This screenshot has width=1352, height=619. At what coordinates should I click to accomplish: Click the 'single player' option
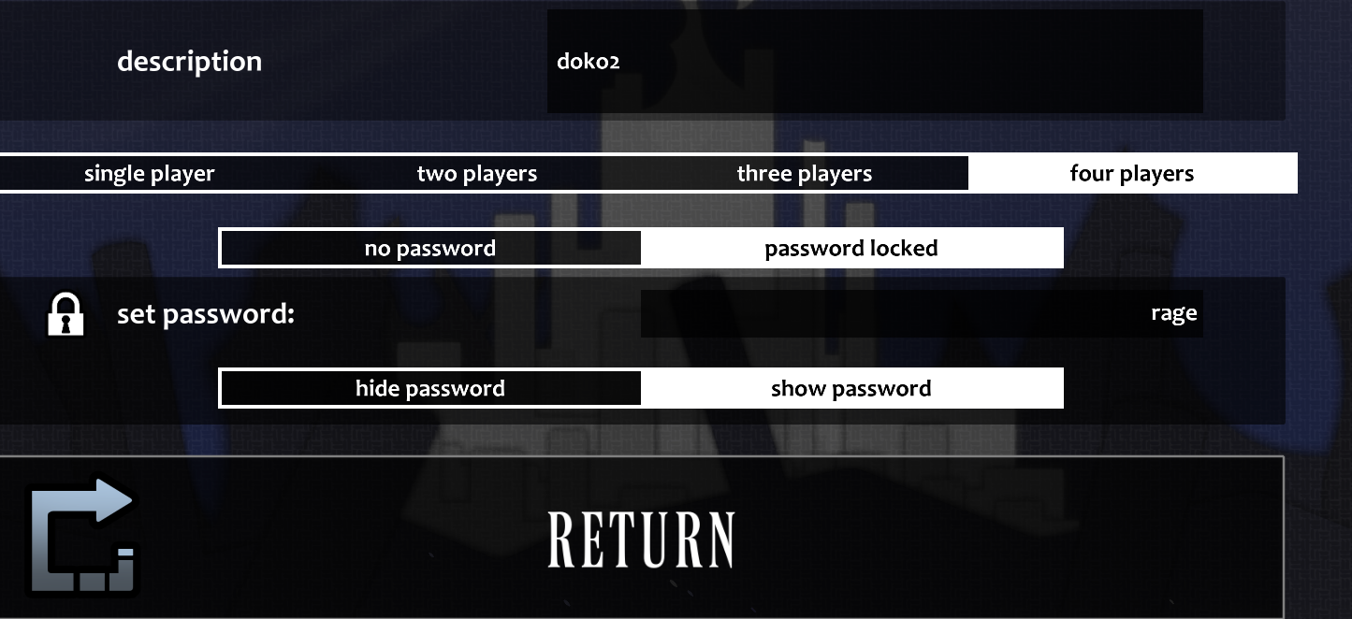pos(150,174)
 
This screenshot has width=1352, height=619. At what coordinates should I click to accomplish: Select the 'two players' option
pos(477,174)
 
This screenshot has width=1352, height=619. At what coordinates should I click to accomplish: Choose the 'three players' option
pos(805,174)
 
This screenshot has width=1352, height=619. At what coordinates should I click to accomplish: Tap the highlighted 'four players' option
pos(1132,174)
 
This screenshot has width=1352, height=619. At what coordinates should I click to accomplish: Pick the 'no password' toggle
pos(430,249)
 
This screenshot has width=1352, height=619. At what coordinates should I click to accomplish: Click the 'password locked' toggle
pos(851,249)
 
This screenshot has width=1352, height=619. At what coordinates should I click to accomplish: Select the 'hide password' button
pos(430,389)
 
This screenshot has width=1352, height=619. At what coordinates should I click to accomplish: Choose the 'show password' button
pos(851,389)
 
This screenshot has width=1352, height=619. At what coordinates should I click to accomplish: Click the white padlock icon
pos(65,314)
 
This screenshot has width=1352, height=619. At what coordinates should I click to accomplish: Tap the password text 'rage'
pos(1173,314)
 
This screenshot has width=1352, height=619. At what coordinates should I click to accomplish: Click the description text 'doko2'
pos(588,63)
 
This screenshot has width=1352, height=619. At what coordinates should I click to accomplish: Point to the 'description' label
pos(189,62)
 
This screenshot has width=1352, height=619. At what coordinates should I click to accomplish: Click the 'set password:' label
pos(206,315)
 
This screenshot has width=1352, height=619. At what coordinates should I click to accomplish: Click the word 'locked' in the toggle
pos(903,249)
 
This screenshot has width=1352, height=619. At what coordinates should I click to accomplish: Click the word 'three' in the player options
pos(764,174)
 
